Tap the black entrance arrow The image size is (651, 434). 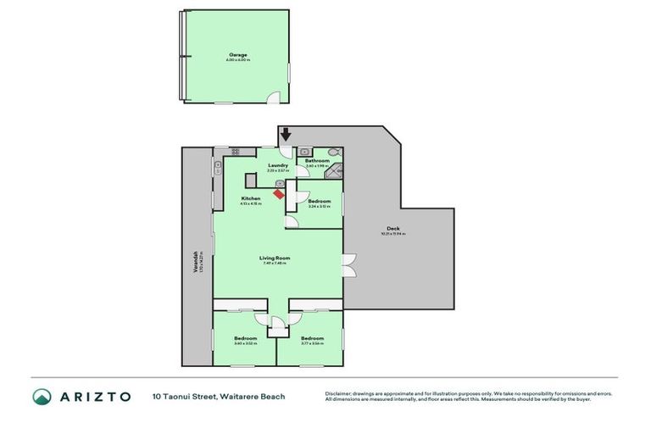click(x=286, y=134)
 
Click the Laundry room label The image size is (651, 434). click(x=278, y=165)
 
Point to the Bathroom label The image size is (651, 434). click(x=317, y=160)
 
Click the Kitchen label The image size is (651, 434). click(x=250, y=198)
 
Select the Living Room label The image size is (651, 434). click(x=275, y=258)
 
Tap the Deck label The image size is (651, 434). click(x=392, y=228)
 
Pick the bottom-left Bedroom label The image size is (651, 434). click(x=246, y=338)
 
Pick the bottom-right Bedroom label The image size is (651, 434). click(x=312, y=338)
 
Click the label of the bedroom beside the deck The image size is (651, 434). click(x=319, y=201)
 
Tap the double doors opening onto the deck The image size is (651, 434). click(x=348, y=264)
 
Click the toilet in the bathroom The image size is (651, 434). click(x=333, y=152)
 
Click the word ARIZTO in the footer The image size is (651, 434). click(x=95, y=397)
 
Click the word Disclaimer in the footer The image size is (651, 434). click(x=339, y=393)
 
